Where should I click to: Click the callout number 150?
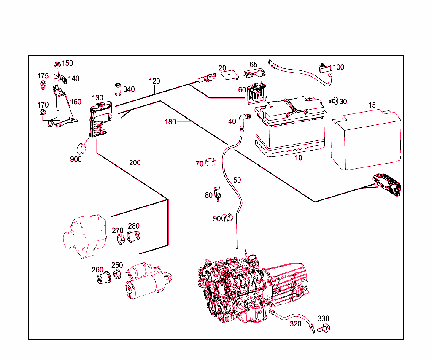pyautogui.click(x=67, y=63)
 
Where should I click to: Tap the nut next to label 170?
pyautogui.click(x=43, y=113)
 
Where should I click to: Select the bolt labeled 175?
pyautogui.click(x=43, y=86)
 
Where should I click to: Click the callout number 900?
pyautogui.click(x=76, y=159)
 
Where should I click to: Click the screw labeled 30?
pyautogui.click(x=334, y=101)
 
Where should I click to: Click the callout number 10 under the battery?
pyautogui.click(x=298, y=158)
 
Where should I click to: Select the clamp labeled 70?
pyautogui.click(x=211, y=163)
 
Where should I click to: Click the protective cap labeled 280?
pyautogui.click(x=134, y=237)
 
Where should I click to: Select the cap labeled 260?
pyautogui.click(x=103, y=279)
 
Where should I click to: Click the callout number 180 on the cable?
pyautogui.click(x=170, y=122)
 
